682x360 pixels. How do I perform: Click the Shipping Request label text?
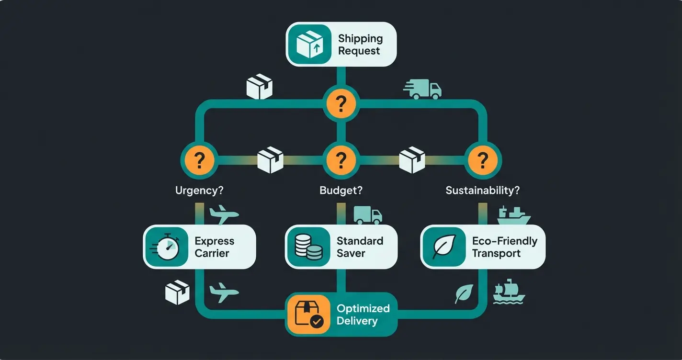tap(360, 45)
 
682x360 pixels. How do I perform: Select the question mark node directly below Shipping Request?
tap(341, 103)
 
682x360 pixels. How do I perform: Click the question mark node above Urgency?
tap(199, 160)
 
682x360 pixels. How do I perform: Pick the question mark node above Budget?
tap(341, 160)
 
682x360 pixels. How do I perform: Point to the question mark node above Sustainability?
tap(483, 160)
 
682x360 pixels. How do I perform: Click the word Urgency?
tap(199, 190)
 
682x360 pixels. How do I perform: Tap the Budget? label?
tap(341, 190)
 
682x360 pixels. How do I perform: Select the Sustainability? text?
tap(482, 190)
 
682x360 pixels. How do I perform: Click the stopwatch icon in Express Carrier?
tap(166, 247)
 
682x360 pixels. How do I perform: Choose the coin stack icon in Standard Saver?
tap(308, 247)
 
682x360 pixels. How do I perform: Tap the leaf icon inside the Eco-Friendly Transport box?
tap(443, 247)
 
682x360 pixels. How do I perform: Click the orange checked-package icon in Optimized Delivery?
tap(308, 315)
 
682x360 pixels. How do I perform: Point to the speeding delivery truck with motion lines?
tap(422, 90)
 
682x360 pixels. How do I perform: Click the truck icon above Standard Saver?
tap(368, 215)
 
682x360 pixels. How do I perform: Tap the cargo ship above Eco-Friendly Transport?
tap(513, 216)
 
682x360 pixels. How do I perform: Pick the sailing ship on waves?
tap(509, 291)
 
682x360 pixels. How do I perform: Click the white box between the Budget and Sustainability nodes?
tap(412, 160)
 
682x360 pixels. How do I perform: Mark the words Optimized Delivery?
tap(363, 315)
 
